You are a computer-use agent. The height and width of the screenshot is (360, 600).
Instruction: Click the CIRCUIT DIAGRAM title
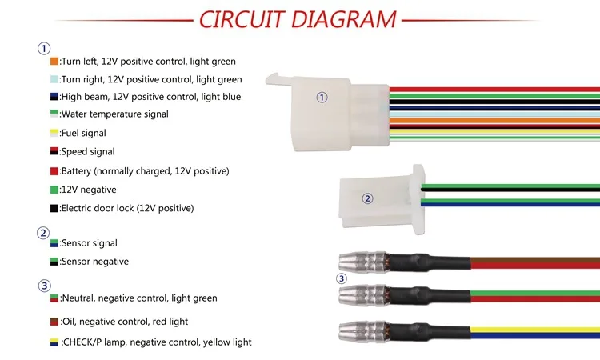click(297, 19)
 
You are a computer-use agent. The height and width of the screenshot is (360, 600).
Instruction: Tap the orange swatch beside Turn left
click(54, 61)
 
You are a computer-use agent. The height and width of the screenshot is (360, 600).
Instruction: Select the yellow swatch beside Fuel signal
click(54, 133)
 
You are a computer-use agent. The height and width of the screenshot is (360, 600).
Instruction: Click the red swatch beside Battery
click(54, 171)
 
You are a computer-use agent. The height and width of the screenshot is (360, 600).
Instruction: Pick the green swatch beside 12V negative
click(54, 190)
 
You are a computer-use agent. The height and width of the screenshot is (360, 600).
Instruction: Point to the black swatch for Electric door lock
click(54, 208)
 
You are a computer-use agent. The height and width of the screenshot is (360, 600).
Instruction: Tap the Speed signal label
click(88, 152)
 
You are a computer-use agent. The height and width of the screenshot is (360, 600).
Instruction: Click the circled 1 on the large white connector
click(322, 98)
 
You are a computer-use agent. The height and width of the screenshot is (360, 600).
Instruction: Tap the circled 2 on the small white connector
click(367, 199)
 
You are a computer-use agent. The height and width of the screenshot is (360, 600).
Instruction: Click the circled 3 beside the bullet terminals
click(341, 278)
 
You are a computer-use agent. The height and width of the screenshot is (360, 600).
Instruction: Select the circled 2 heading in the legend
click(44, 234)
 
